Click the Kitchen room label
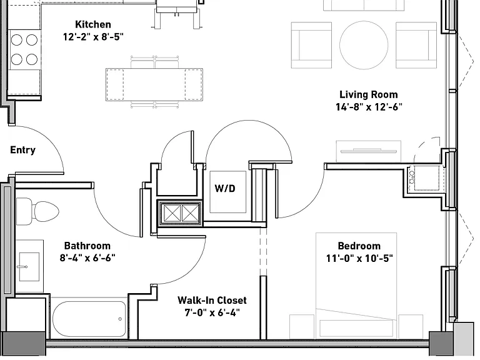click(93, 24)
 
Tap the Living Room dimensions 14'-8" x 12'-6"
click(369, 107)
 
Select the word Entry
click(22, 150)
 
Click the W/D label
click(225, 188)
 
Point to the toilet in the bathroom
click(37, 211)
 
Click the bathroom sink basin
click(29, 267)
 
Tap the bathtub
click(89, 319)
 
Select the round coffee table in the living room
click(364, 45)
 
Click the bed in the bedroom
click(356, 286)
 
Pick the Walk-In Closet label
click(212, 300)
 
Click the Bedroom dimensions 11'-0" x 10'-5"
click(359, 258)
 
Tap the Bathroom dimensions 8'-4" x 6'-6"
click(87, 257)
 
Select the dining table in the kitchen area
click(154, 84)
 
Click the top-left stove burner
click(16, 40)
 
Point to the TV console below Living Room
click(369, 151)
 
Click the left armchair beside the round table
click(311, 45)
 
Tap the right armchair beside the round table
click(416, 45)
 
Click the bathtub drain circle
click(120, 319)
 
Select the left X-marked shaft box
click(171, 213)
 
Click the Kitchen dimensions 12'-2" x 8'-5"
click(93, 37)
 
